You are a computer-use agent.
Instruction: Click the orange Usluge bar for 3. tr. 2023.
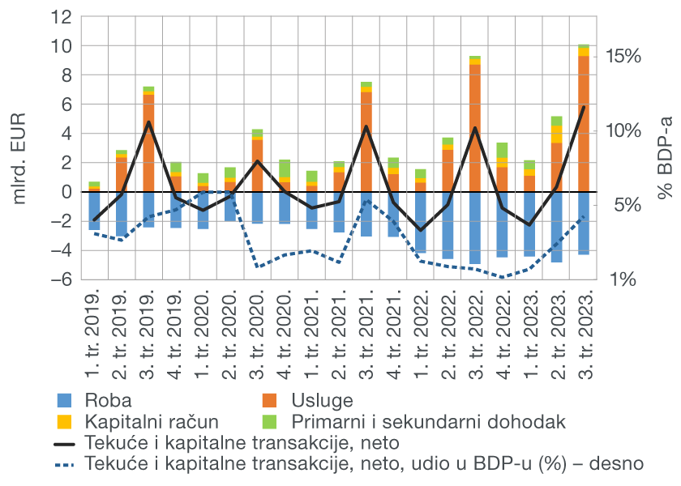(584, 122)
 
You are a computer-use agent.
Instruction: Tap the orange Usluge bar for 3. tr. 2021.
(366, 142)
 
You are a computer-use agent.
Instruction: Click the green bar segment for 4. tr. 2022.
(503, 150)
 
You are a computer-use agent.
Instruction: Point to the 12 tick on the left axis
(64, 17)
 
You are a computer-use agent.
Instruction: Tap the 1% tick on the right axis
(622, 279)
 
